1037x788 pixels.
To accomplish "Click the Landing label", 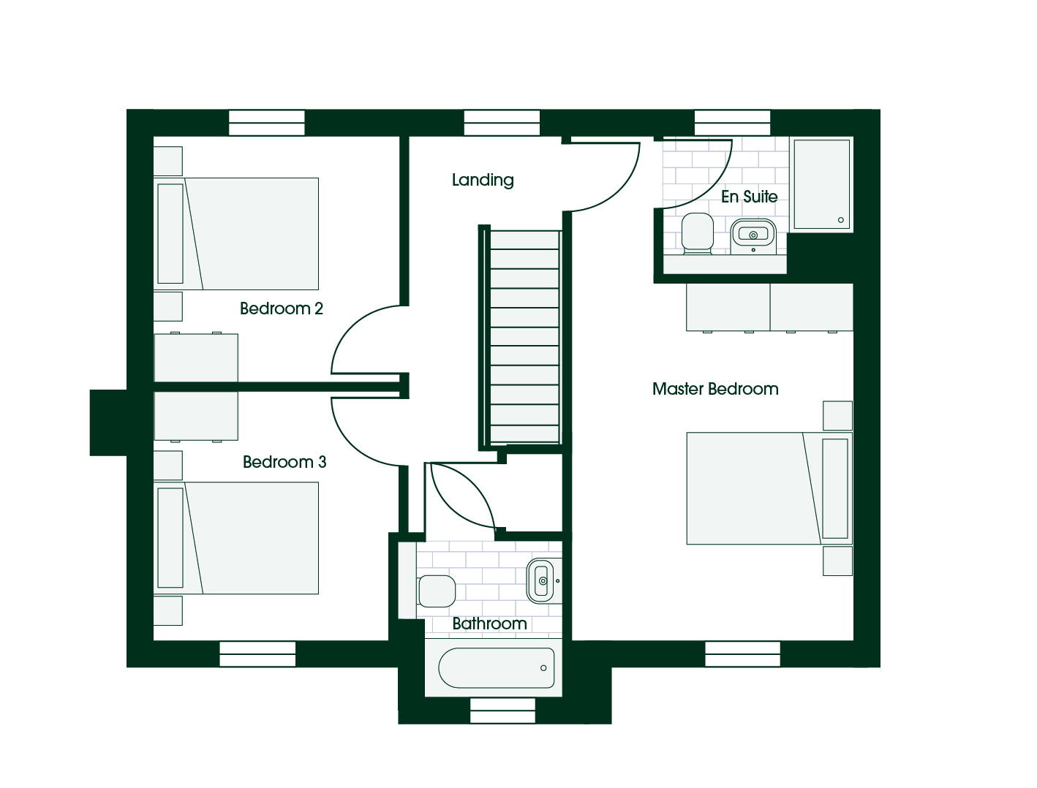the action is click(x=483, y=180).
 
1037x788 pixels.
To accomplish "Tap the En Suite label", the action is click(x=750, y=197).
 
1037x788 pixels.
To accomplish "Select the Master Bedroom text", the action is click(x=715, y=389).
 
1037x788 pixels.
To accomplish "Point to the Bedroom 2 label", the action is click(x=281, y=308).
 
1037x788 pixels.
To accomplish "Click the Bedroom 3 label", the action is click(x=284, y=462).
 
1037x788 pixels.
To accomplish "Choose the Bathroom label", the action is click(x=489, y=624).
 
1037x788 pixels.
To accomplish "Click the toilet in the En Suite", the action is click(x=698, y=233).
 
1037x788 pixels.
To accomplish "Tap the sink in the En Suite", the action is click(x=753, y=236).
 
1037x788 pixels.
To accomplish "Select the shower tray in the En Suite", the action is click(x=821, y=184).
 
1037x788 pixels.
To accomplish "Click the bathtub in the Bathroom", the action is click(x=496, y=668).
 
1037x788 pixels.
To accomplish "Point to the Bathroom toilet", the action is click(x=437, y=591).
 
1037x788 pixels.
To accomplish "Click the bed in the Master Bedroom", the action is click(x=769, y=488).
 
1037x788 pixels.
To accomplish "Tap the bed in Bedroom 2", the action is click(x=236, y=234).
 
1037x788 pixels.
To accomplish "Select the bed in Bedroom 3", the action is click(x=236, y=538).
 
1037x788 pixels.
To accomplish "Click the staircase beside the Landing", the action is click(x=524, y=336).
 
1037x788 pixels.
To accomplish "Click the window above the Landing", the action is click(x=502, y=123).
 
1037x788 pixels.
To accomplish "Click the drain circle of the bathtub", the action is click(x=543, y=668).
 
